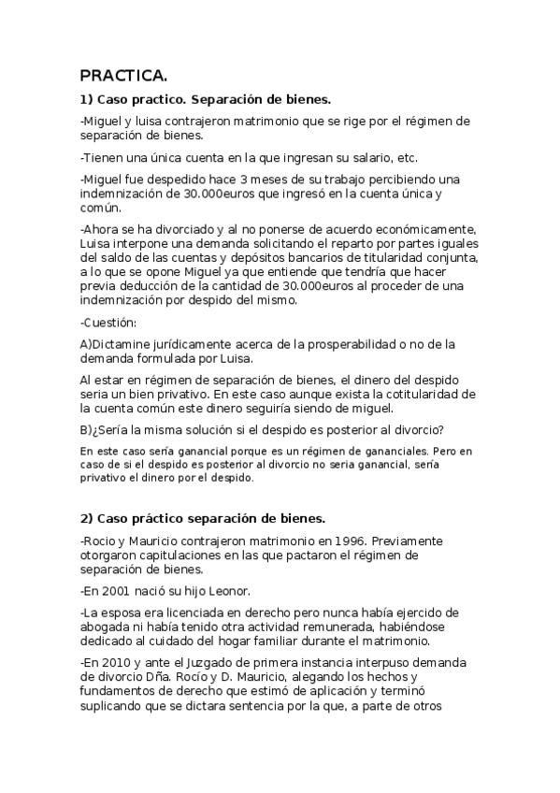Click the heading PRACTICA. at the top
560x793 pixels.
(x=124, y=76)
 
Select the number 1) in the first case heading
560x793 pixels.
(x=86, y=98)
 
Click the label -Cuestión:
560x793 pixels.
(x=108, y=322)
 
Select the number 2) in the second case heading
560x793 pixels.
(x=86, y=517)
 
